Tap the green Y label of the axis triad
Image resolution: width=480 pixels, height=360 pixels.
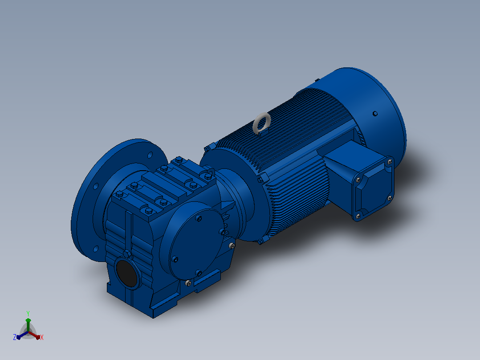click(x=28, y=313)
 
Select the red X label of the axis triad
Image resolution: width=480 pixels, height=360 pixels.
click(x=42, y=337)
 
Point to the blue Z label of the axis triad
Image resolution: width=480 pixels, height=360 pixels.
click(x=15, y=337)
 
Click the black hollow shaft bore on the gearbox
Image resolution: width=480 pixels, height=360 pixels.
click(x=127, y=273)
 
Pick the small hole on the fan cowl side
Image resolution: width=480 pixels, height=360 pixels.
click(x=375, y=114)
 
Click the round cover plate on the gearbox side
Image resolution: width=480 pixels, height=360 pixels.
click(x=195, y=239)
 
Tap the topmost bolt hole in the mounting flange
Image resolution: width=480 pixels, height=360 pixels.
click(x=150, y=155)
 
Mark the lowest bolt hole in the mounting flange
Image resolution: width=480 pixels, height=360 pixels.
click(x=96, y=249)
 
